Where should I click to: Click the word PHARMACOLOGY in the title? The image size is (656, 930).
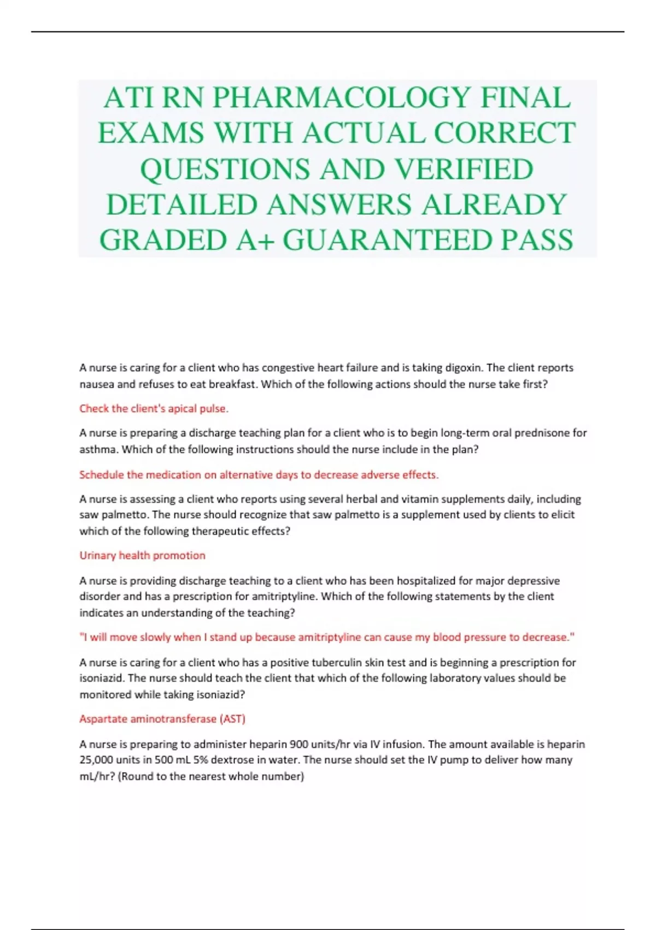pyautogui.click(x=341, y=98)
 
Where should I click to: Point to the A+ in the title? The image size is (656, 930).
pyautogui.click(x=255, y=240)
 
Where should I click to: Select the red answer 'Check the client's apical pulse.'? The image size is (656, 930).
pyautogui.click(x=154, y=409)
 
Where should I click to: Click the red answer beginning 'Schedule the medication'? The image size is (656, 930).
pyautogui.click(x=259, y=475)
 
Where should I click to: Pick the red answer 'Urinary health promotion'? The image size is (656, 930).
pyautogui.click(x=142, y=556)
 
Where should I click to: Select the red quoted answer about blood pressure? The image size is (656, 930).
pyautogui.click(x=327, y=637)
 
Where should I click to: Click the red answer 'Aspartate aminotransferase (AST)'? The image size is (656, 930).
pyautogui.click(x=162, y=719)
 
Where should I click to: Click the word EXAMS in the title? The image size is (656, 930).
pyautogui.click(x=150, y=133)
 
